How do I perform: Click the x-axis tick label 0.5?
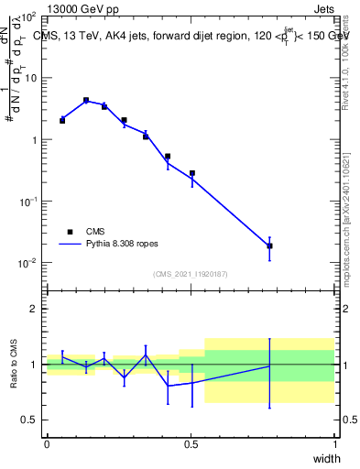[x=191, y=444]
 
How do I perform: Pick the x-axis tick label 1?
[x=334, y=444]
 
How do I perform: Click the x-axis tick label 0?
[x=47, y=444]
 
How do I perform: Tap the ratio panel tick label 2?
[x=33, y=309]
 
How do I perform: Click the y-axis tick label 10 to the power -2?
[x=28, y=263]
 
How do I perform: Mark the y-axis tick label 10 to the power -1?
[x=28, y=202]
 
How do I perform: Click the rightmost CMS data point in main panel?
[x=269, y=245]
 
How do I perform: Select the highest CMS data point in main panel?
[x=86, y=101]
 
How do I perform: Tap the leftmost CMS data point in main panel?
[x=62, y=120]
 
